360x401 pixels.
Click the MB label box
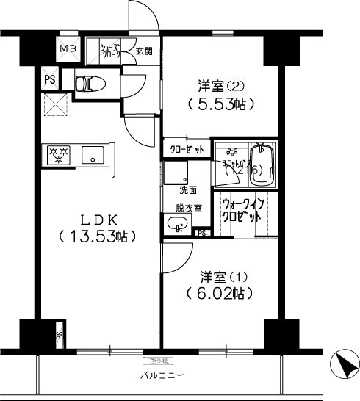(68, 50)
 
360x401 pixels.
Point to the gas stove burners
(58, 155)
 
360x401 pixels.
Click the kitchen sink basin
(93, 155)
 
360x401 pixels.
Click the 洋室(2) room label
(219, 85)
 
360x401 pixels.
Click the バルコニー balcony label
(162, 376)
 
